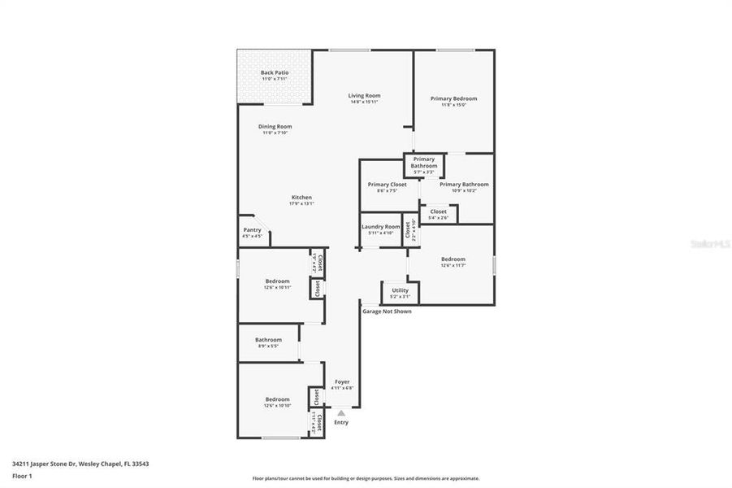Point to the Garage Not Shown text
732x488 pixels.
click(387, 311)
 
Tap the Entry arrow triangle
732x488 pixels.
click(341, 413)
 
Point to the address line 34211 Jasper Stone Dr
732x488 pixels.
click(80, 464)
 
